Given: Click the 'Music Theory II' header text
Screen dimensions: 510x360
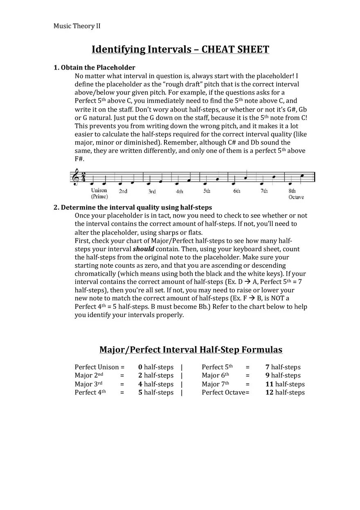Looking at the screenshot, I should tap(77, 26).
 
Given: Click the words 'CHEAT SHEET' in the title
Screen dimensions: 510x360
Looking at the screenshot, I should tap(235, 49).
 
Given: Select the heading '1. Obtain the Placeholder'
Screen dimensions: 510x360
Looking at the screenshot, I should tap(94, 67).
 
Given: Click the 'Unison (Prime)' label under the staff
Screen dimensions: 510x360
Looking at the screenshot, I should tap(99, 193).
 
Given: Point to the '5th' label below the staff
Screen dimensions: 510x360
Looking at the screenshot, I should tap(207, 191).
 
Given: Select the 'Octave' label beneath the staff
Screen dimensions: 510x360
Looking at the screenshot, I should tap(296, 197).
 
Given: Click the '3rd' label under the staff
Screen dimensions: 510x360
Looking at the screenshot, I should tap(152, 191).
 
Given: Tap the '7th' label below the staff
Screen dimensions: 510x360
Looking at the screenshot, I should tap(264, 191).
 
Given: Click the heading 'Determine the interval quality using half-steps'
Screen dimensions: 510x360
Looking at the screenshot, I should tap(136, 207).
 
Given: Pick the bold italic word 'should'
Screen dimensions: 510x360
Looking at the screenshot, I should tap(144, 249).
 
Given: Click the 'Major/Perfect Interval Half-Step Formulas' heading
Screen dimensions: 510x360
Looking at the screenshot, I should tap(191, 350).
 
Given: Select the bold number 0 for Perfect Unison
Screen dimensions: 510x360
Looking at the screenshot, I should tap(140, 367).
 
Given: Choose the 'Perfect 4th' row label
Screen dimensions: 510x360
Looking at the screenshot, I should tap(90, 393).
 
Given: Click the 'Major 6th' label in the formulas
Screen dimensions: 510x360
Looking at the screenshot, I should tap(215, 375).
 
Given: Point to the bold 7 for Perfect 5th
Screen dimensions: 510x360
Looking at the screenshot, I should tap(267, 367).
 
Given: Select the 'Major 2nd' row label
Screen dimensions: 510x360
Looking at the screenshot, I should tap(89, 375).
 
